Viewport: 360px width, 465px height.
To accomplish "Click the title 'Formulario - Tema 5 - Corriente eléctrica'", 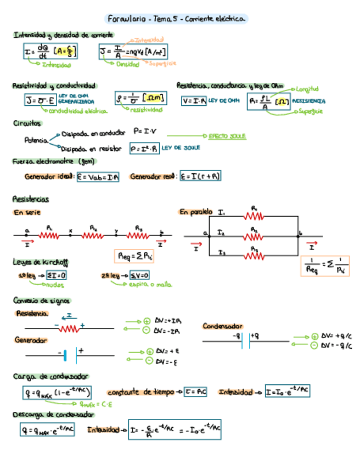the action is point(176,19).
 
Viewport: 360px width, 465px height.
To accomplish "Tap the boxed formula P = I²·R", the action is point(144,148).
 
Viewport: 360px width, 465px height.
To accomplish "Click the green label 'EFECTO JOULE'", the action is point(227,135).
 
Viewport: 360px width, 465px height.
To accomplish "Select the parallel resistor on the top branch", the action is point(254,216).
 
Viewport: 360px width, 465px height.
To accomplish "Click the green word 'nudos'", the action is point(54,285).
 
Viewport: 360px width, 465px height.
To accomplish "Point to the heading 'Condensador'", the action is point(222,326).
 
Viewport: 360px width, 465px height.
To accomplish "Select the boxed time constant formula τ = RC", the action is point(195,392).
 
